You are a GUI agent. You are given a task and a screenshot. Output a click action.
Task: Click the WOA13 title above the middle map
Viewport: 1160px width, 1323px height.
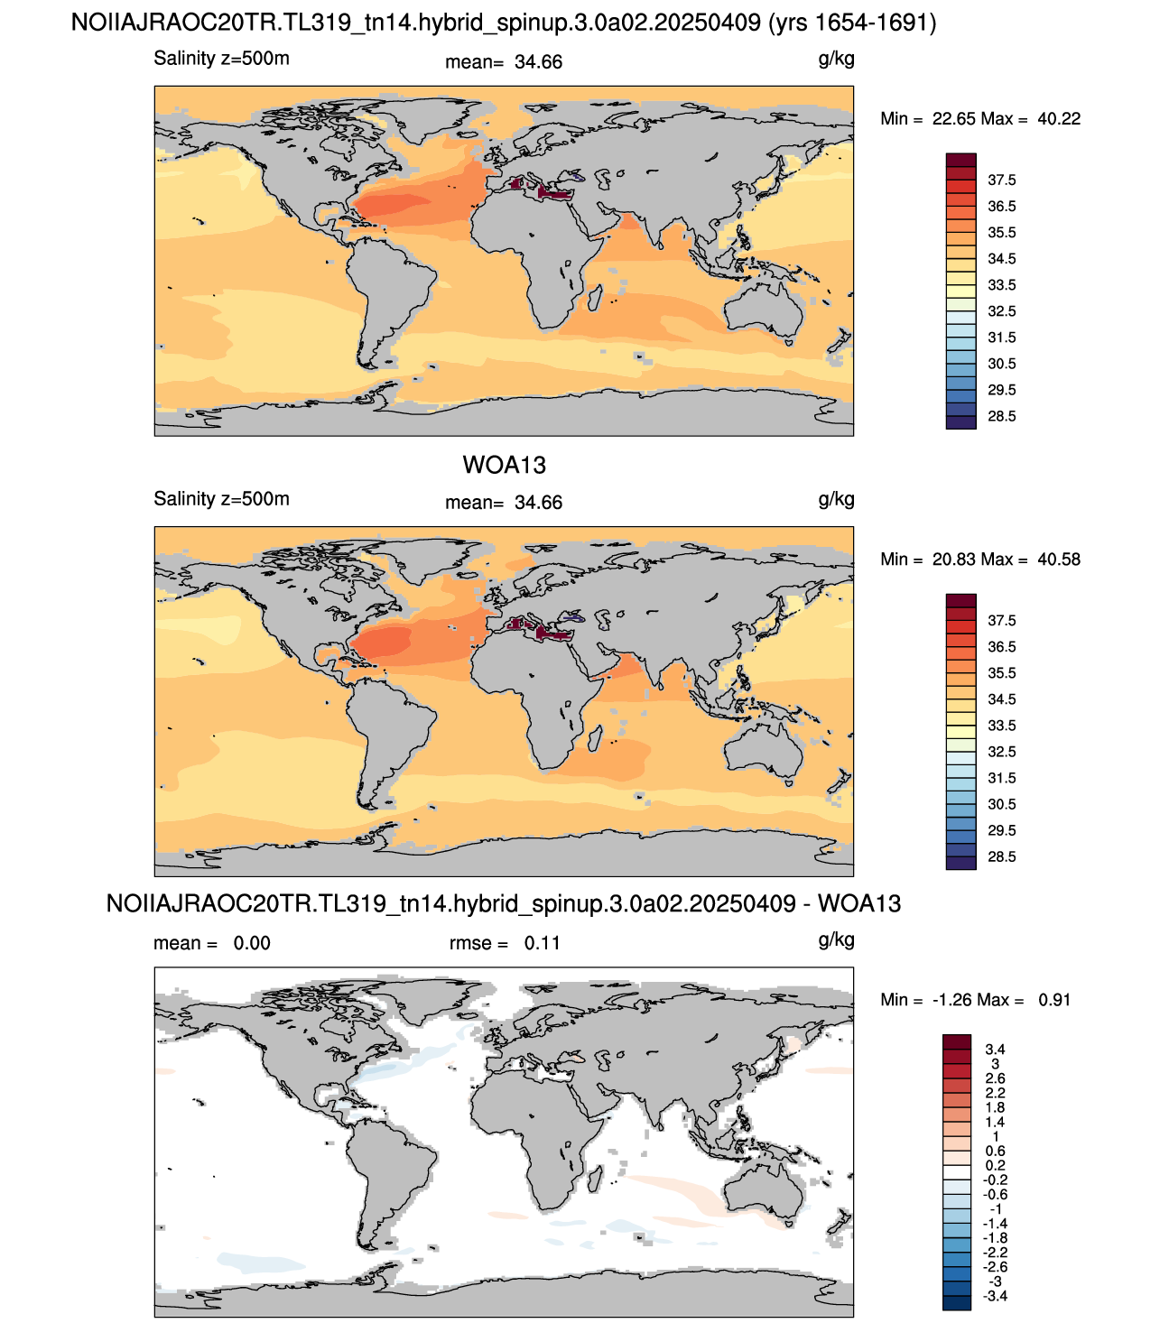click(x=504, y=465)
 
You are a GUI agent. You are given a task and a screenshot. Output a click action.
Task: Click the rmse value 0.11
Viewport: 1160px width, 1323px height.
click(x=542, y=943)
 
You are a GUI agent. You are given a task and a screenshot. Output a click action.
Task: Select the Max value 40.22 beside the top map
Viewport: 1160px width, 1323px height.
click(x=1059, y=119)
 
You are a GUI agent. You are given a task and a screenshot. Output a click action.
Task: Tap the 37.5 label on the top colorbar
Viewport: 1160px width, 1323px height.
click(x=1001, y=180)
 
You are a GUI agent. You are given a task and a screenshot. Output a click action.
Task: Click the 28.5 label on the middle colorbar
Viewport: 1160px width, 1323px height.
click(x=1001, y=856)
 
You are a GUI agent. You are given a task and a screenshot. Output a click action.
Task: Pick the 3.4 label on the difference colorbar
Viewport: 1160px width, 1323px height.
click(x=995, y=1050)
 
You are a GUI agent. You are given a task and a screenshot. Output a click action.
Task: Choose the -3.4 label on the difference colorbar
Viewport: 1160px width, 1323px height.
click(x=995, y=1296)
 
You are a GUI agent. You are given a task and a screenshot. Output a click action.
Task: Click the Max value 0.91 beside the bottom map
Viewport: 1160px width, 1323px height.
click(x=1054, y=1000)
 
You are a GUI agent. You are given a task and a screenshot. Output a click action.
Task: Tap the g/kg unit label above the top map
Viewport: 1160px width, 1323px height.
click(x=836, y=60)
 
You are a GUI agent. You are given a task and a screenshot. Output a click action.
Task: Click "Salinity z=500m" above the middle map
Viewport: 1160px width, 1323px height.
click(x=221, y=499)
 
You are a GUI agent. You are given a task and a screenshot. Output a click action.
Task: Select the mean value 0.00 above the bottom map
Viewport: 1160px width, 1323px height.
click(x=252, y=943)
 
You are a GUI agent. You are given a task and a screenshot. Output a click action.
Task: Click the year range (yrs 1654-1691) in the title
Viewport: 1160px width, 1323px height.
click(x=852, y=23)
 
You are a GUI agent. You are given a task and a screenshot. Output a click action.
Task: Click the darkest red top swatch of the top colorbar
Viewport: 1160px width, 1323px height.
click(x=960, y=160)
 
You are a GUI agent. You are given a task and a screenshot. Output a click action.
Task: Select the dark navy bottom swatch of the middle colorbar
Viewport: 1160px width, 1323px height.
click(x=960, y=863)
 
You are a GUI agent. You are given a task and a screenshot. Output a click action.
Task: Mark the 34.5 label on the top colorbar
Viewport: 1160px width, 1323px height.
click(x=1001, y=259)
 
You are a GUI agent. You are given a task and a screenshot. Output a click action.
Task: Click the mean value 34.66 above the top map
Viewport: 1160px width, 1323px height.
click(x=538, y=62)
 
